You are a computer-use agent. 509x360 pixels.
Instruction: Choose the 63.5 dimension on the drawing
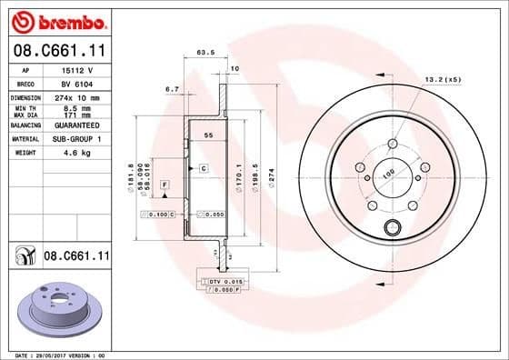[205, 53]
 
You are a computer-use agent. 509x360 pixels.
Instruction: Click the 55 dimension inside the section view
[207, 134]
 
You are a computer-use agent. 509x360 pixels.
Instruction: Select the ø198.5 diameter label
[256, 172]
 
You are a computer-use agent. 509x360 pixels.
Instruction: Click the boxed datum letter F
[165, 185]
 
